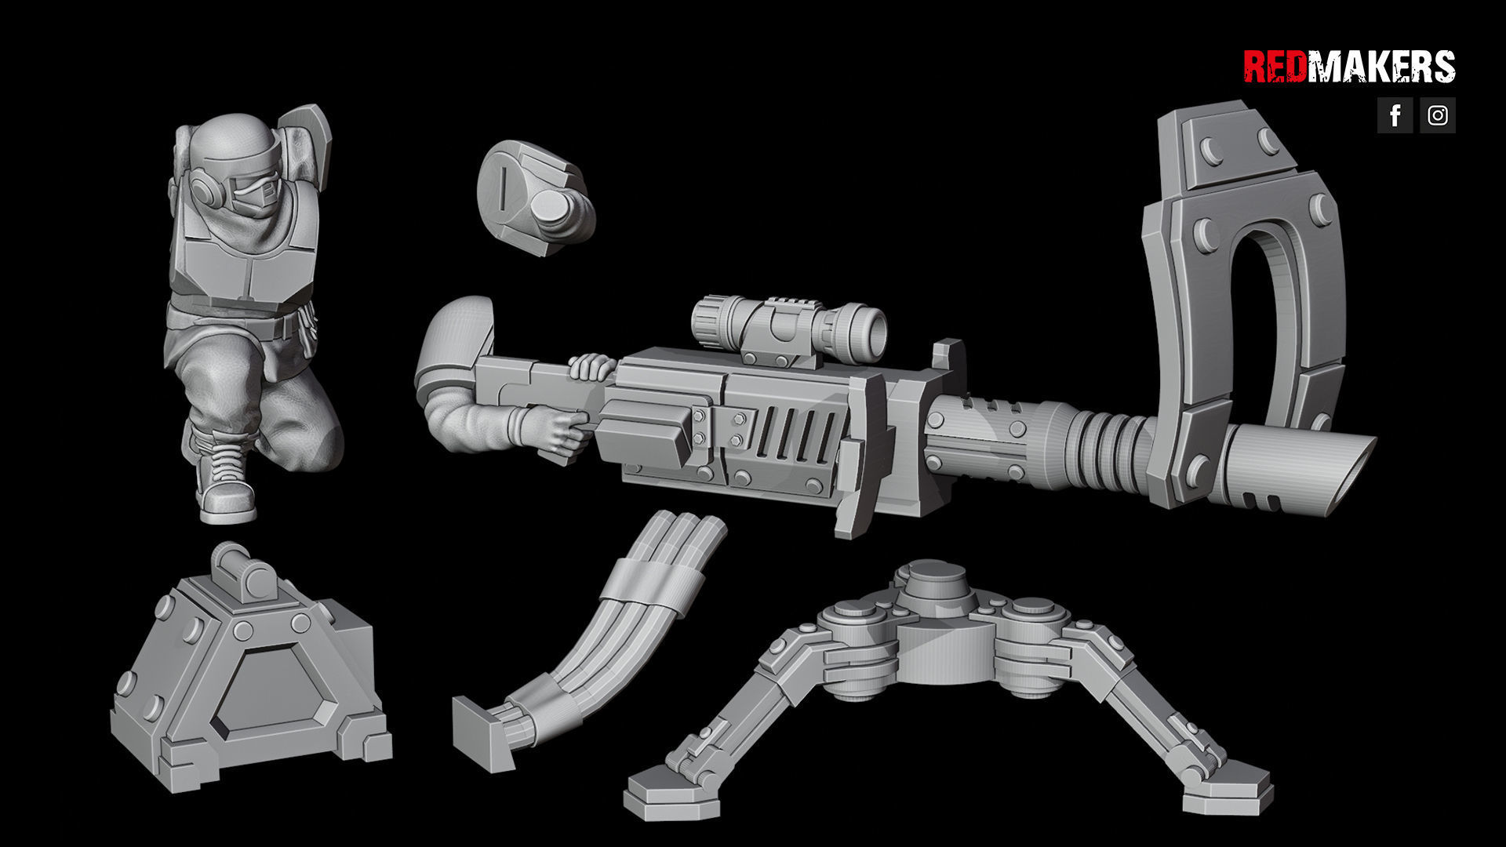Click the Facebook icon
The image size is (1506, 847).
tap(1395, 115)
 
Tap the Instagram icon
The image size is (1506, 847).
tap(1437, 115)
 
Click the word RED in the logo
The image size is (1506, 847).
tap(1275, 67)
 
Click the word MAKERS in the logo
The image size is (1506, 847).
tap(1381, 67)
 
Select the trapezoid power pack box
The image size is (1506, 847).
tap(251, 690)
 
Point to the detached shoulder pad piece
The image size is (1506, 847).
tap(533, 196)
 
